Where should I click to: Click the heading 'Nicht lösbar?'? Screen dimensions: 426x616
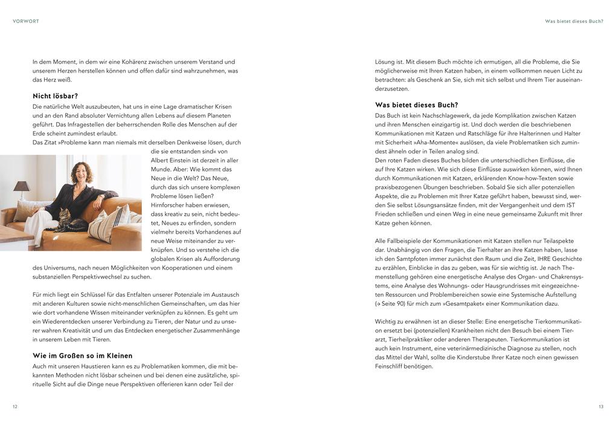tap(56, 96)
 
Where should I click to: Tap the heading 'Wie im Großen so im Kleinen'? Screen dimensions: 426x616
tap(82, 355)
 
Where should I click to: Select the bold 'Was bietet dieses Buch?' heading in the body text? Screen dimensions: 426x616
tap(416, 105)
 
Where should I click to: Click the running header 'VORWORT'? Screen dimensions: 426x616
tap(26, 21)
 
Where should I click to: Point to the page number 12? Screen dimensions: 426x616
tap(15, 407)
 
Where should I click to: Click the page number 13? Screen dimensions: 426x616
tap(600, 407)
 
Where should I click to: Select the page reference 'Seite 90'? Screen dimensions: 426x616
tap(394, 303)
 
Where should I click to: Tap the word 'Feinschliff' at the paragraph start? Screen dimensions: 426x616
tap(390, 366)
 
